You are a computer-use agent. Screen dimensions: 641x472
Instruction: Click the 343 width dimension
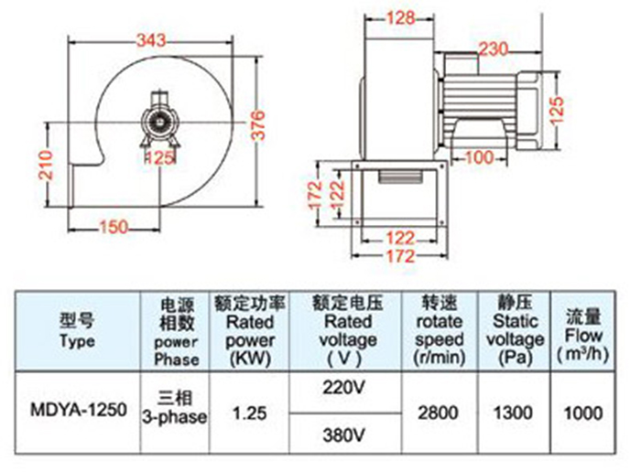(151, 40)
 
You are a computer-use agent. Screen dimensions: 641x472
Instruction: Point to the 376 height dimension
(258, 125)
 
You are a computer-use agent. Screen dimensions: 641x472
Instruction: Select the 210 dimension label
(46, 165)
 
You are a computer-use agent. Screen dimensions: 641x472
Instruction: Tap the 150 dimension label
(114, 227)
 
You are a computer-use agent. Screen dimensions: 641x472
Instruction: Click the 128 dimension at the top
(400, 18)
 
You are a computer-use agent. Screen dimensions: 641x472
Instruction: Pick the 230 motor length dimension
(494, 49)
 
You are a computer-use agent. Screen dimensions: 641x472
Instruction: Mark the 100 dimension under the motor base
(480, 157)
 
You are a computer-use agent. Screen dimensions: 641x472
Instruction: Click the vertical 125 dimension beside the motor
(558, 111)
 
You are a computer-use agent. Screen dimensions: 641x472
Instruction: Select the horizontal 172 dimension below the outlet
(400, 256)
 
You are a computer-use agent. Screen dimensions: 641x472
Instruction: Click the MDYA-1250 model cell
(79, 410)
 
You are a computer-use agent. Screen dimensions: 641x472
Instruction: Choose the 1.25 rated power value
(250, 413)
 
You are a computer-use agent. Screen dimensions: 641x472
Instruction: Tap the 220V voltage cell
(343, 388)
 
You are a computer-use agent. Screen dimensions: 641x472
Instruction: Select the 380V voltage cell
(343, 435)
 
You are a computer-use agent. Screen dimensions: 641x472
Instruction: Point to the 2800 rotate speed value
(438, 413)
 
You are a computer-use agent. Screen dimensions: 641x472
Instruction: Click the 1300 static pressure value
(514, 413)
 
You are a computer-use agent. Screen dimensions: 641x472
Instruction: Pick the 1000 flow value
(583, 413)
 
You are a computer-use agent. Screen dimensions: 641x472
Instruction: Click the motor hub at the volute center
(160, 122)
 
